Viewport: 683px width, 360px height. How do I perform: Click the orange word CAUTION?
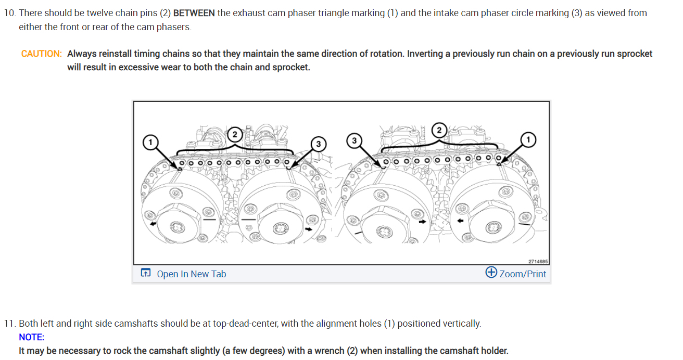41,54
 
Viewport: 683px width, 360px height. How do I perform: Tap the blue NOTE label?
31,337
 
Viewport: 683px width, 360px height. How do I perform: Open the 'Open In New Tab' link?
191,274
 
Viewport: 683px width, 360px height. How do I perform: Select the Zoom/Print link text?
523,274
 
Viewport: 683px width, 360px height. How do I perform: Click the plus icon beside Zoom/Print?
491,273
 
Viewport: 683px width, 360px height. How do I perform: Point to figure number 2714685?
538,261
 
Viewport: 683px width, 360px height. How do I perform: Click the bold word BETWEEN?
194,13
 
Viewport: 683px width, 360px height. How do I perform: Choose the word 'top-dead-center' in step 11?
245,324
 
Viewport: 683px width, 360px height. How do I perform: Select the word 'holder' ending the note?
495,351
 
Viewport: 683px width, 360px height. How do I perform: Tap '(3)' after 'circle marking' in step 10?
577,13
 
